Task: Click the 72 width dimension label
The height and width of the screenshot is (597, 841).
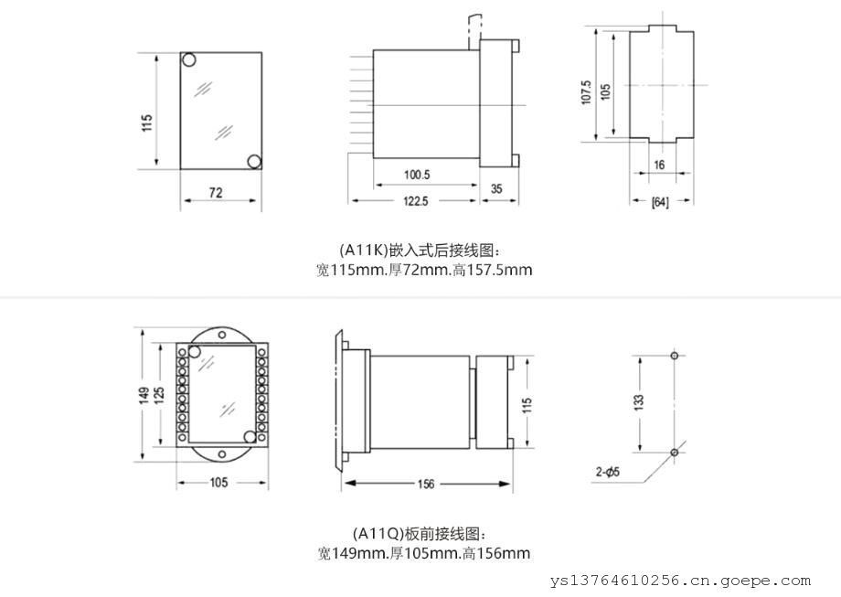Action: click(x=216, y=193)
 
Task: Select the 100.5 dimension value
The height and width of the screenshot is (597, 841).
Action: click(x=417, y=175)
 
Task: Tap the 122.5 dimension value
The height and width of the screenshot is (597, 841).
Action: click(x=416, y=201)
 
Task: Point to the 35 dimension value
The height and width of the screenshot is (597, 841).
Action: click(x=496, y=189)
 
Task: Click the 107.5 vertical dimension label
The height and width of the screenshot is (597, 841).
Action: click(x=586, y=92)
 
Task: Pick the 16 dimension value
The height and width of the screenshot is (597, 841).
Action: click(x=659, y=165)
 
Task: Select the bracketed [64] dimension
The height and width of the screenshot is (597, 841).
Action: click(x=660, y=202)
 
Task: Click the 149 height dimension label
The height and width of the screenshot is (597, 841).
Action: click(x=144, y=396)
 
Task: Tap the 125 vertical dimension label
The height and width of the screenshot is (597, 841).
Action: click(x=159, y=394)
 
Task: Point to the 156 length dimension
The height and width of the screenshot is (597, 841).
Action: click(x=426, y=484)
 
